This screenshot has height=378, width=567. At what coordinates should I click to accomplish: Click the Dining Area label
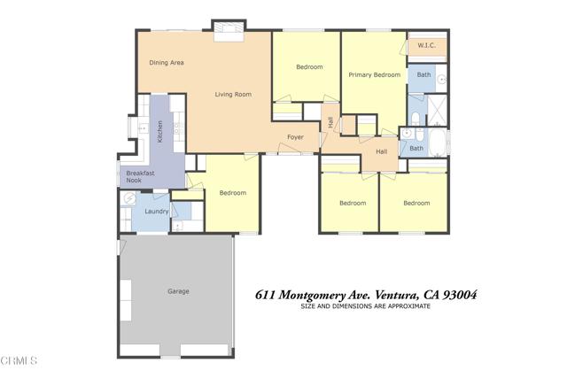[167, 63]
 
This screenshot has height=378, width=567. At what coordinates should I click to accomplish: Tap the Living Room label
[233, 95]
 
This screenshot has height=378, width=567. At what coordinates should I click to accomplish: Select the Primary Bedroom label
[374, 75]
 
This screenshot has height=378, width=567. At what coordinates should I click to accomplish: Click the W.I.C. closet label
[427, 45]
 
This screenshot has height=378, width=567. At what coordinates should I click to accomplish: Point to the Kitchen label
[159, 131]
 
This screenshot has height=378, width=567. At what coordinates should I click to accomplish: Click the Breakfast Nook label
[140, 176]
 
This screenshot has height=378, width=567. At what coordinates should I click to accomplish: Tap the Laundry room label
[157, 211]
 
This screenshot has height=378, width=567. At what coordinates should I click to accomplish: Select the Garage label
[178, 291]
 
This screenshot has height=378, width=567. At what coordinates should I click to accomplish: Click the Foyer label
[295, 137]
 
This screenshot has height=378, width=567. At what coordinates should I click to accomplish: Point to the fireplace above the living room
[229, 32]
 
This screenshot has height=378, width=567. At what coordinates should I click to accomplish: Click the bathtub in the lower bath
[439, 142]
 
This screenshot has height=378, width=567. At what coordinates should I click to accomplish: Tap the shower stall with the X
[438, 110]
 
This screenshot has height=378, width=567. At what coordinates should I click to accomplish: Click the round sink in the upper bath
[442, 79]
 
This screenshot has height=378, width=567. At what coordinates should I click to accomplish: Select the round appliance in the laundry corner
[129, 198]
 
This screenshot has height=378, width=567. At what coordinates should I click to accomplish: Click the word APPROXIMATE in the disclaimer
[409, 306]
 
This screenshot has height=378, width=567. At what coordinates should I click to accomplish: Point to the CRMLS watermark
[19, 360]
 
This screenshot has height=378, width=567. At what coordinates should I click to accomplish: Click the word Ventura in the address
[397, 296]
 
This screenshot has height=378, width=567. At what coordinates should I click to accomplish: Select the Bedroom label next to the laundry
[233, 193]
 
